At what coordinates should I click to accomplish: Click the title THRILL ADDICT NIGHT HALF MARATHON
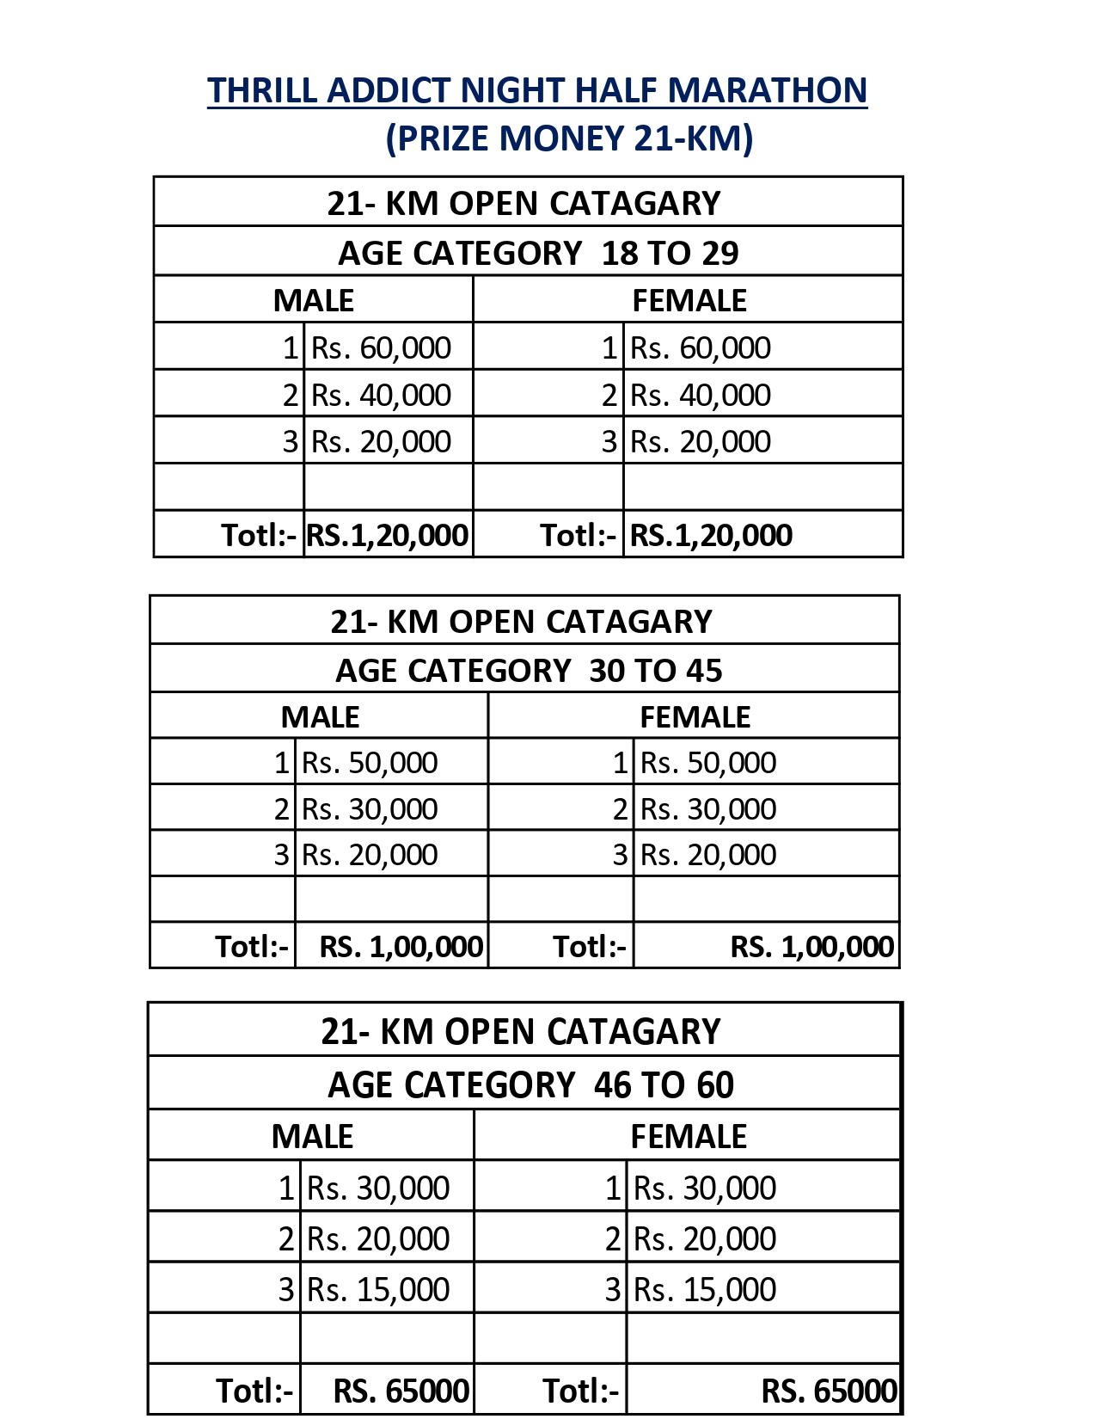(537, 91)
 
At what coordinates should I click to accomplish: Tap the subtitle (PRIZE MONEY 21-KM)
(569, 138)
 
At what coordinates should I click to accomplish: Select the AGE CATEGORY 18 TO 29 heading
(538, 253)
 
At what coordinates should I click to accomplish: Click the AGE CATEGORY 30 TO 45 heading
(529, 671)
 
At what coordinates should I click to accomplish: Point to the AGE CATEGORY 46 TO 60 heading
(530, 1085)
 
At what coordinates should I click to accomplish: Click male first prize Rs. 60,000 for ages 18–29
(381, 347)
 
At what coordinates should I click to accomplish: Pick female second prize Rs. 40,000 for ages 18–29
(700, 395)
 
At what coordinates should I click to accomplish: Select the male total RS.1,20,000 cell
(387, 535)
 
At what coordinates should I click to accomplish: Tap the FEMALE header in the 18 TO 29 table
(689, 300)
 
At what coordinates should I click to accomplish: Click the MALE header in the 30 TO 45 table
(320, 717)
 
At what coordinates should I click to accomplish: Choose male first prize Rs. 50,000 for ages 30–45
(370, 763)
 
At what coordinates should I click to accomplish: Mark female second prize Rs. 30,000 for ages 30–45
(708, 809)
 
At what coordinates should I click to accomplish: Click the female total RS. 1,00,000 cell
(811, 947)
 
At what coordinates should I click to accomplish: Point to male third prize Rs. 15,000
(378, 1289)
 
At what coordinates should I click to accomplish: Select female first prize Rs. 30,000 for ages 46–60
(705, 1188)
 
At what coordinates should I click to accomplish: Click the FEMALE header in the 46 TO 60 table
(689, 1137)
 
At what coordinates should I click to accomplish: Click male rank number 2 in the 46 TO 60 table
(287, 1238)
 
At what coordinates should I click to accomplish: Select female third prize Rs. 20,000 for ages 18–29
(700, 441)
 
